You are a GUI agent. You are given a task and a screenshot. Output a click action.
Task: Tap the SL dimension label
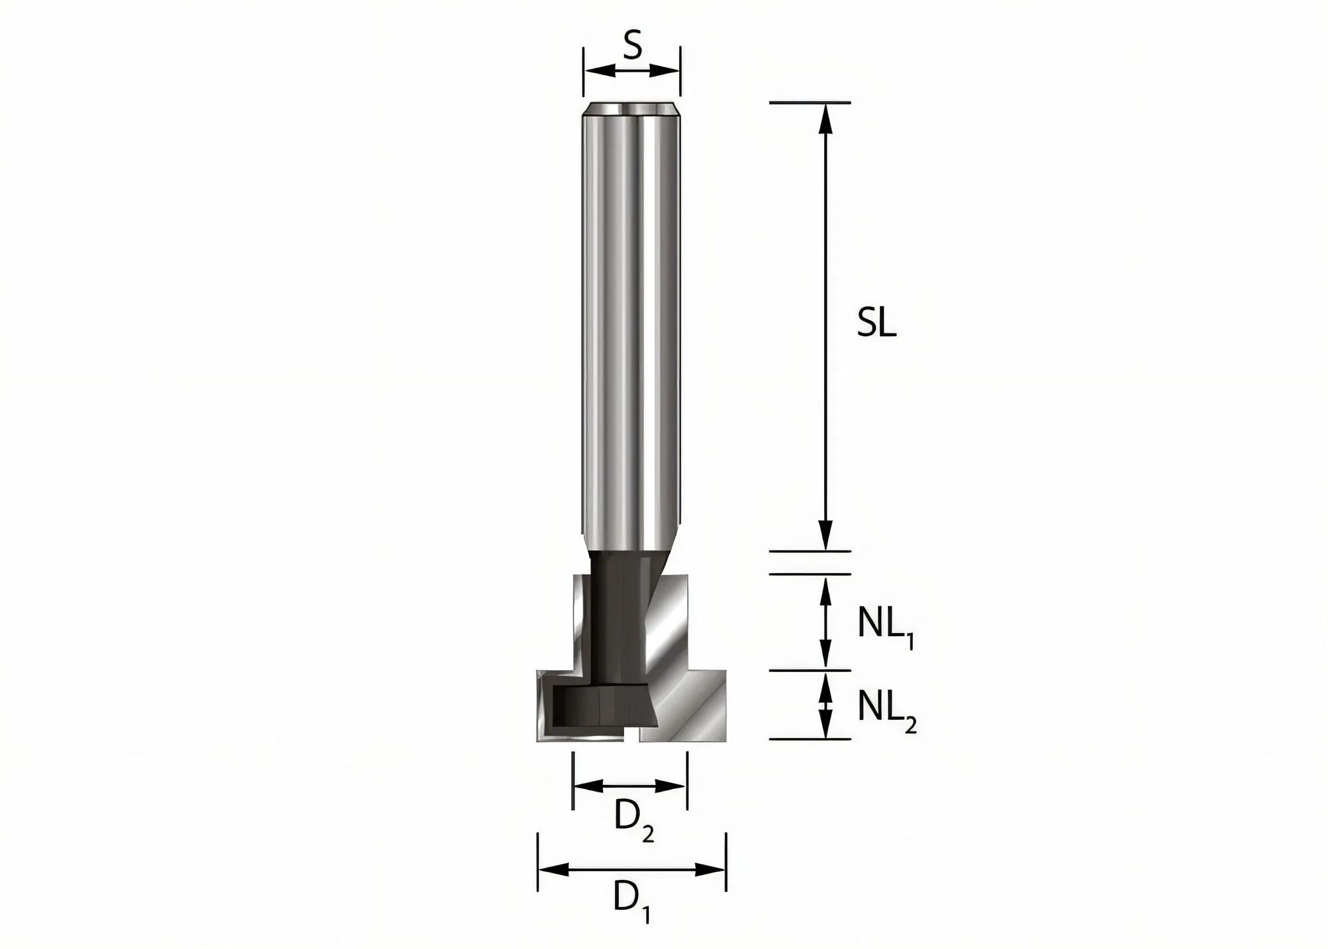pos(876,324)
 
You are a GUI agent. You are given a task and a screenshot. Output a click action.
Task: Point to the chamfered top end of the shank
pos(631,110)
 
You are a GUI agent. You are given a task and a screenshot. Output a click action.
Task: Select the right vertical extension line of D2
pos(687,780)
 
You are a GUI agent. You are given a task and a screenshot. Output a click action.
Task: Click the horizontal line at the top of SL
pos(809,103)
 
